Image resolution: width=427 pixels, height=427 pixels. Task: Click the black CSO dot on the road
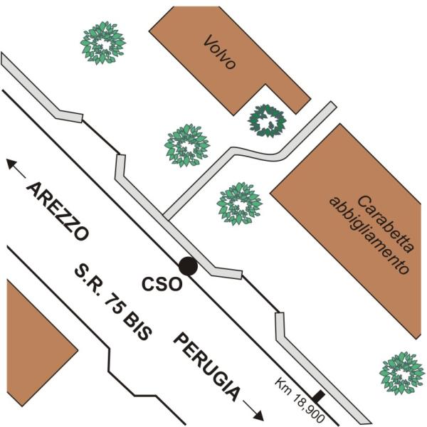point(188,265)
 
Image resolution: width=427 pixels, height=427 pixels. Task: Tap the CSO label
point(160,283)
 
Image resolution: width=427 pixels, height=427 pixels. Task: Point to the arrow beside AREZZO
point(15,166)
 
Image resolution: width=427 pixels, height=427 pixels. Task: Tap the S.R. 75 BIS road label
point(114,302)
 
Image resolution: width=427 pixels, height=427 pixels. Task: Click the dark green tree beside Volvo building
point(268,121)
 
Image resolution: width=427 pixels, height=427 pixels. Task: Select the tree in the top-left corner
point(102,43)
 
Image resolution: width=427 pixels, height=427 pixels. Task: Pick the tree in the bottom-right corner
point(402,373)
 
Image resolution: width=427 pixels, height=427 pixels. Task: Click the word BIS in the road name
point(139,327)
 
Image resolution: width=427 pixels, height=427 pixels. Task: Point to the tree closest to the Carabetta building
point(239,204)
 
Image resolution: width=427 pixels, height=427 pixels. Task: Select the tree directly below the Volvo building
point(187,145)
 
